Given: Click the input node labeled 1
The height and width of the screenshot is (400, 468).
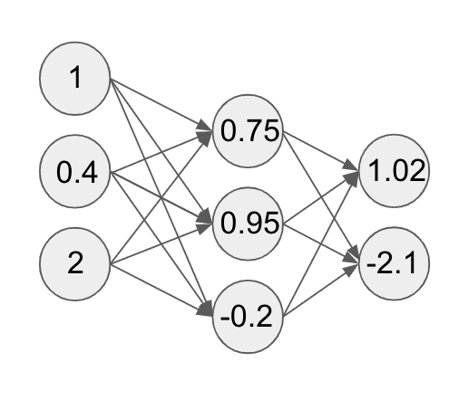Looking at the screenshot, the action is (75, 79).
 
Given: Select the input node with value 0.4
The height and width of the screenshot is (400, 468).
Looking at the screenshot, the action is (75, 171).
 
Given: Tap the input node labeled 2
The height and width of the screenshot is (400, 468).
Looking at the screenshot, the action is (75, 264).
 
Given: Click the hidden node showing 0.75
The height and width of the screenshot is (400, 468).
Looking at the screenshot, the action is (248, 131).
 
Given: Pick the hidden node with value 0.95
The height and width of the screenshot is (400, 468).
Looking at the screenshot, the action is (248, 224).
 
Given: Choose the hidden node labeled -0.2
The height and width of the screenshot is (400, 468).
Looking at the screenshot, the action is (248, 317).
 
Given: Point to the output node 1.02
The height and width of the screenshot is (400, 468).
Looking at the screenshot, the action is (394, 171).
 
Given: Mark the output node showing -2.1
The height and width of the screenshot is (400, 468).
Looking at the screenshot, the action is (394, 263).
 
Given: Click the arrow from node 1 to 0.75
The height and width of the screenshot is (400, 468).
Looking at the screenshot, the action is (161, 105).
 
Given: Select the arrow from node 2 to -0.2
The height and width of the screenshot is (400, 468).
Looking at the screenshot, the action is (161, 290).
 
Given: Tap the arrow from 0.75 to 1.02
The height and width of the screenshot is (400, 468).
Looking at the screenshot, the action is (321, 151).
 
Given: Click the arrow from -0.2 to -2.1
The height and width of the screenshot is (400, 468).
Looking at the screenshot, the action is (321, 290).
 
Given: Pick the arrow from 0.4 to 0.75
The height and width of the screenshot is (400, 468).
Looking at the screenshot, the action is (161, 151).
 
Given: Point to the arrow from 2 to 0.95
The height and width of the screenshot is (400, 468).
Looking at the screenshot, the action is (161, 243).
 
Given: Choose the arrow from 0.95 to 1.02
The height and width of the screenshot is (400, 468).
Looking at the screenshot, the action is (321, 197).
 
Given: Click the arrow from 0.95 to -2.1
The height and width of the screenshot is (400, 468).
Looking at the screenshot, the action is (321, 243).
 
